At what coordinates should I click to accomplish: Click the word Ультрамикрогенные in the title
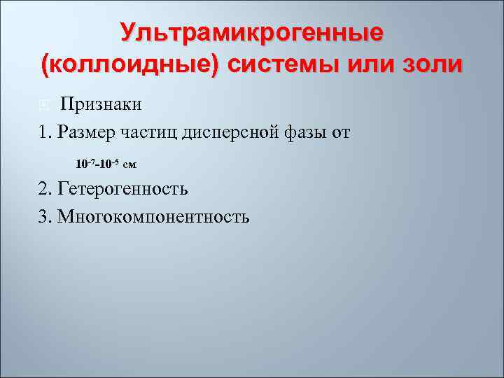pos(251,32)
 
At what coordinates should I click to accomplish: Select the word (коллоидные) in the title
pos(130,64)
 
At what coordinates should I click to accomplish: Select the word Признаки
pos(101,105)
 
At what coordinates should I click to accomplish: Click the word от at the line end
pos(341,132)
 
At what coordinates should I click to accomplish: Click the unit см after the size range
pos(129,165)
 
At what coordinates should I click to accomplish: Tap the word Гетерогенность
pos(122,188)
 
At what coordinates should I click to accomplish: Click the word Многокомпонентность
pos(153,216)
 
